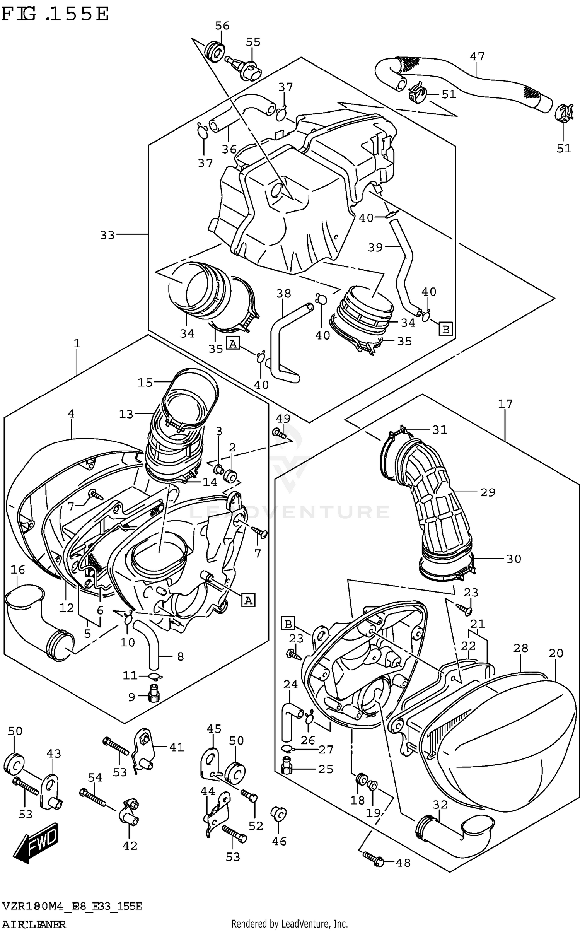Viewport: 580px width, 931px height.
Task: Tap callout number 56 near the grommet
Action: [x=222, y=26]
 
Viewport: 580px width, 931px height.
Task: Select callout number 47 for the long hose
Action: [x=477, y=56]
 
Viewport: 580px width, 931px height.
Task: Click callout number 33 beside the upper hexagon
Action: [x=107, y=235]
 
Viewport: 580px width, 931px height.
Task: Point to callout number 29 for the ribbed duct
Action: [x=488, y=492]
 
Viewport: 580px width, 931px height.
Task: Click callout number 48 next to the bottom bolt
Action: [x=403, y=863]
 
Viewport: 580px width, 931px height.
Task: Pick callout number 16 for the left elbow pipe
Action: [x=18, y=570]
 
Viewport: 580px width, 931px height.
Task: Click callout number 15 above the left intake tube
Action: [x=145, y=383]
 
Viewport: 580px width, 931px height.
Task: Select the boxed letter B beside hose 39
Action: [x=446, y=330]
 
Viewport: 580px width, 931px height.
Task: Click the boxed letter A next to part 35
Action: [x=232, y=343]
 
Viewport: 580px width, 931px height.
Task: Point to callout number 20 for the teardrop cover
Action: [x=556, y=653]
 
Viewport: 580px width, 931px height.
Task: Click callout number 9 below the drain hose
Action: [x=131, y=697]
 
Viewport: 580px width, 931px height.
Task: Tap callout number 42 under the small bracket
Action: [x=130, y=846]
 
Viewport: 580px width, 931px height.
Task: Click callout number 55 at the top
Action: [x=253, y=42]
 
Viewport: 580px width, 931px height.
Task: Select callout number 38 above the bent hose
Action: [x=283, y=293]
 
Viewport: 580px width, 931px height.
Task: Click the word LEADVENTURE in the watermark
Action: [x=289, y=512]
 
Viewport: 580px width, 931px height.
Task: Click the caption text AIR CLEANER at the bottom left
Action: [x=34, y=922]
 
